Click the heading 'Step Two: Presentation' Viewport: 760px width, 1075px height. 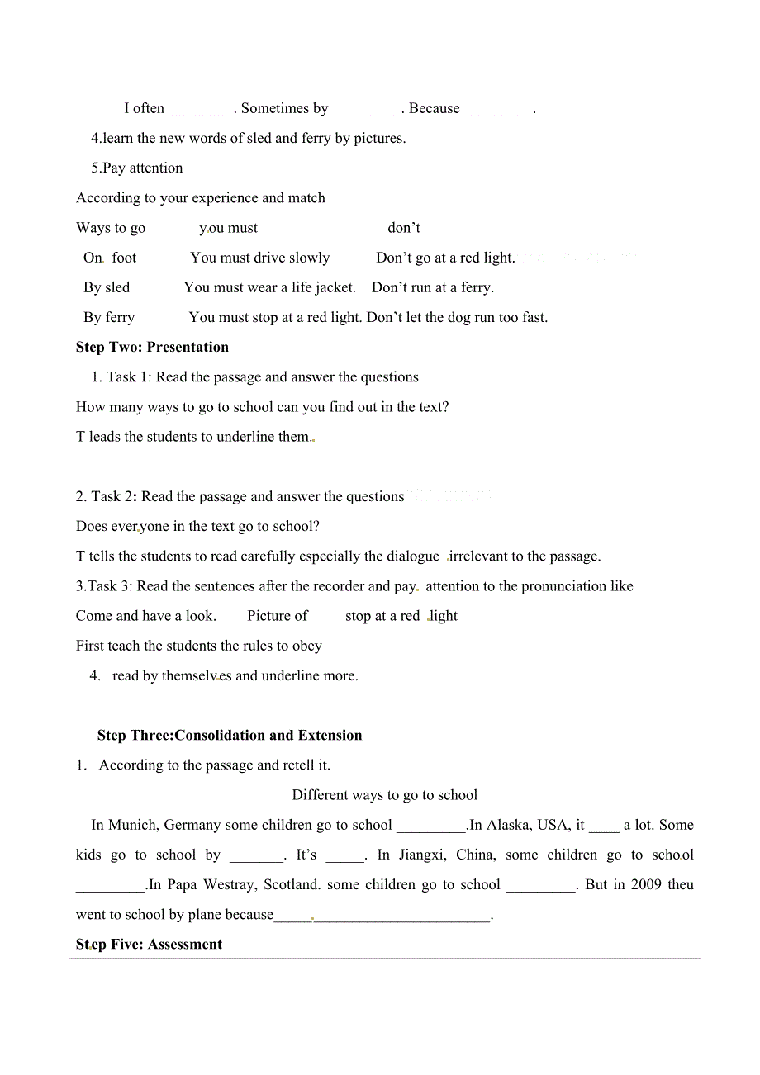pos(152,347)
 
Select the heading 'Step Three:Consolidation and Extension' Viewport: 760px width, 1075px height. pos(230,735)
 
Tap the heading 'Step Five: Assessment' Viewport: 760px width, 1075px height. pos(149,944)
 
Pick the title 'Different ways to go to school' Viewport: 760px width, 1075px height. pos(385,795)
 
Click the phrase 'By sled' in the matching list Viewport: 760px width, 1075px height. pos(107,287)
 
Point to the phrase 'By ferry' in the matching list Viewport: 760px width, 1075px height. pos(109,317)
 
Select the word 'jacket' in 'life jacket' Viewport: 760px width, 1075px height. pos(335,287)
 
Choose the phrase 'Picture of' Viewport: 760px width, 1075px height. pos(278,616)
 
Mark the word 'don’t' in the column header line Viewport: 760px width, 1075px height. pos(404,228)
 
